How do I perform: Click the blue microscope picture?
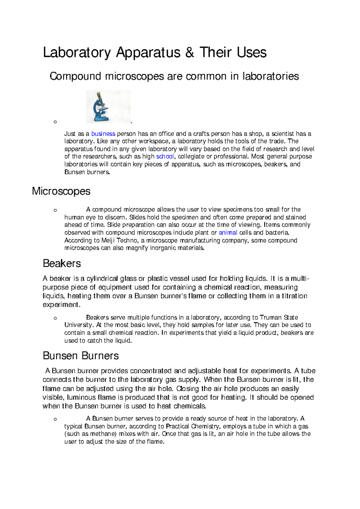pos(108,107)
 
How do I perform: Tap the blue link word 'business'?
pos(103,134)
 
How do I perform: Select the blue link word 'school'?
pos(165,156)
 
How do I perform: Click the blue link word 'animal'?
pos(228,233)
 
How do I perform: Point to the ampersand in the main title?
pos(190,53)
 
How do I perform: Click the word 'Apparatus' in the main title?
pos(148,53)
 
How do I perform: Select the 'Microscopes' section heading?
pos(61,191)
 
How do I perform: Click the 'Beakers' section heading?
pos(62,264)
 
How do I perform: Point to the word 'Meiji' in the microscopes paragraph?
pos(108,240)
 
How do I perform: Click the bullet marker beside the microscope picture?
pos(55,122)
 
